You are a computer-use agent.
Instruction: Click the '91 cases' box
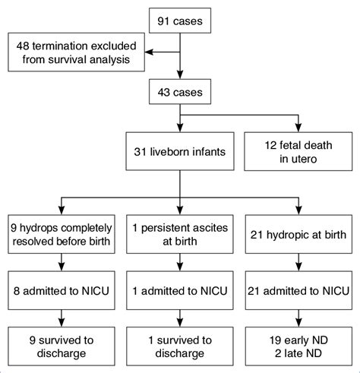pos(180,21)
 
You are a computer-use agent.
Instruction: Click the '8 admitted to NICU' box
pos(62,289)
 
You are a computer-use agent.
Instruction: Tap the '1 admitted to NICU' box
pos(180,289)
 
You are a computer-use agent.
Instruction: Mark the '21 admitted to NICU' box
pos(296,289)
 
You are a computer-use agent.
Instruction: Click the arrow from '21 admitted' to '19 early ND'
pos(296,315)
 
